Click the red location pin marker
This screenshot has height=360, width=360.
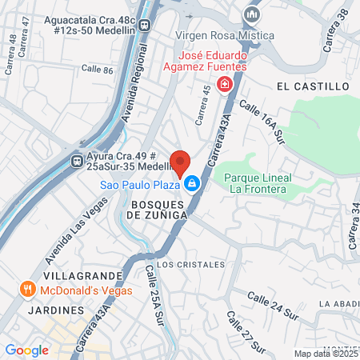(x=180, y=162)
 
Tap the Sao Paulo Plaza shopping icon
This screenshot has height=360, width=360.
(x=192, y=185)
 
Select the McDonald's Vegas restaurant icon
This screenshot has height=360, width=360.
(x=28, y=289)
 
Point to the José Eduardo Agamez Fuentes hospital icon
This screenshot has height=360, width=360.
(x=226, y=84)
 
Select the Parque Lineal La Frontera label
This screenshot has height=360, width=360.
(x=258, y=183)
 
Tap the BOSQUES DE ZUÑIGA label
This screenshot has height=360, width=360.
(x=157, y=210)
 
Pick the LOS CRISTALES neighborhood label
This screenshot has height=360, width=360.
(x=186, y=263)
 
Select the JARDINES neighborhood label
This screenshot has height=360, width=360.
(x=55, y=309)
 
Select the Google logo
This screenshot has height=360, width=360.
(x=26, y=350)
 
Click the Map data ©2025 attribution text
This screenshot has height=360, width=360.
(x=326, y=354)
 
